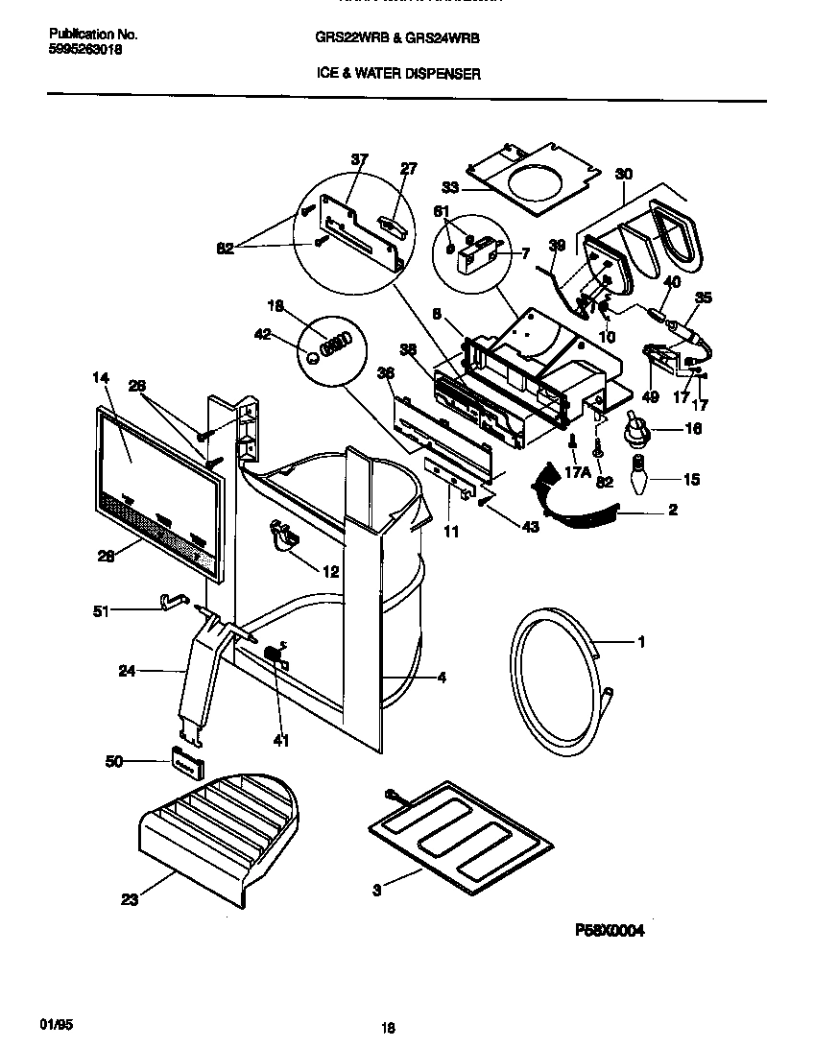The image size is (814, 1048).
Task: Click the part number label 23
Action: coord(129,899)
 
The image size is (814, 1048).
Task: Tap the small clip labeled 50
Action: coord(187,762)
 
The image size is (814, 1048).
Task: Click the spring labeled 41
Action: coord(274,657)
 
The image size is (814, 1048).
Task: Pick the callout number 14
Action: coord(100,378)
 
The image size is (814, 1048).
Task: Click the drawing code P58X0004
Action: coord(609,930)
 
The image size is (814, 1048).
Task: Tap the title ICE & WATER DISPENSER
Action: coord(398,73)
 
